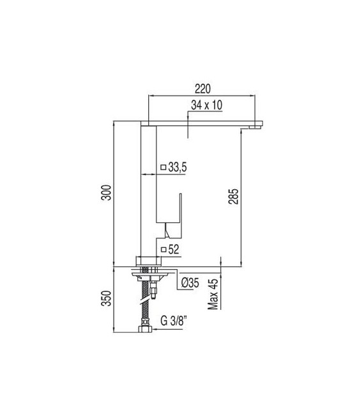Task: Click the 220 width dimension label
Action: [x=202, y=89]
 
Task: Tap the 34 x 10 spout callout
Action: [x=206, y=105]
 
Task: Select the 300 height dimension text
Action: [x=107, y=192]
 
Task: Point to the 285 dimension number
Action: [x=233, y=196]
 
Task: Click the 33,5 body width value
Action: [x=178, y=167]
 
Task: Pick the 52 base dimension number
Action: [x=174, y=249]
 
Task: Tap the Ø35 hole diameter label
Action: [x=190, y=283]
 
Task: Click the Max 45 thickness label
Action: [x=213, y=294]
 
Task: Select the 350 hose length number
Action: [x=107, y=298]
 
